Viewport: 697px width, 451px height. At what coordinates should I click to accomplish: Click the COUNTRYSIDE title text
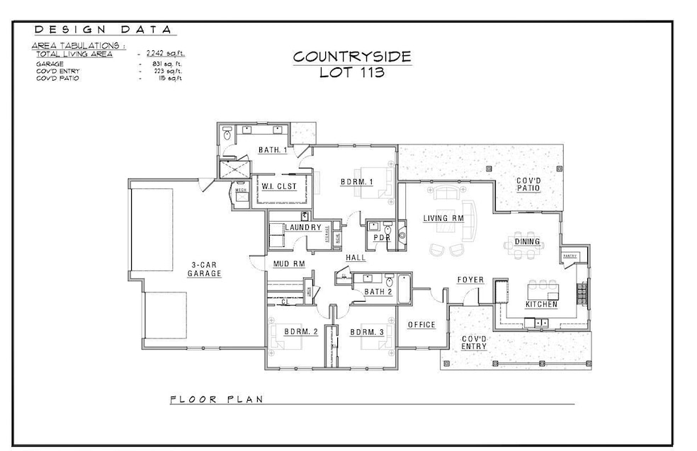pos(351,57)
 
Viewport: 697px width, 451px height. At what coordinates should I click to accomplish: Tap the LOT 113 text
pos(352,72)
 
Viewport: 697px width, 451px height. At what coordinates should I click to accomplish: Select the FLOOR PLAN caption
pos(217,399)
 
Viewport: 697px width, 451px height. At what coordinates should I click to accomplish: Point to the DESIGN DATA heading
pos(103,30)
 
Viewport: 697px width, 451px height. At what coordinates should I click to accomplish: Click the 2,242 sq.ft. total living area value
pos(165,54)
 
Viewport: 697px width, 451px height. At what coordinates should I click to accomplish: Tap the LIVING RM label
pos(443,218)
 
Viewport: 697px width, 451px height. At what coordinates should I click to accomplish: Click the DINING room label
pos(528,241)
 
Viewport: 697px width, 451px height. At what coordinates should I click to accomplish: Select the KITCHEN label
pos(541,304)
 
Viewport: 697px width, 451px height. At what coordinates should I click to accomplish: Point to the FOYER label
pos(470,280)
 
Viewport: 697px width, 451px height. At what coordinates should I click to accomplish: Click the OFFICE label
pos(421,324)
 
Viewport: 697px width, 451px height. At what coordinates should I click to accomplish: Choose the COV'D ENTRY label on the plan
pos(474,343)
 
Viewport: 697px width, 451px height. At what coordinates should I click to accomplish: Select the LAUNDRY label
pos(304,227)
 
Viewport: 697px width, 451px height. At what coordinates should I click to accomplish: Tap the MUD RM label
pos(289,264)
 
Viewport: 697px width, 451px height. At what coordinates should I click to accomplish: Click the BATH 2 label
pos(378,292)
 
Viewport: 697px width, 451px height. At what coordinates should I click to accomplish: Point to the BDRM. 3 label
pos(367,331)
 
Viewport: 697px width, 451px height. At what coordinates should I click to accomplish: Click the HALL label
pos(356,258)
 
